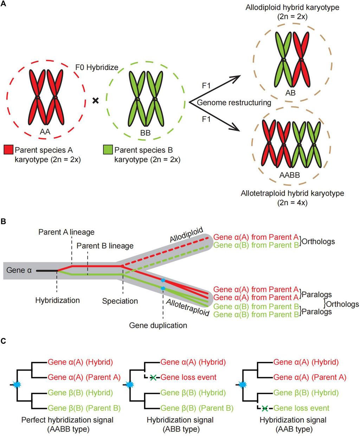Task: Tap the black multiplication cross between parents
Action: (x=95, y=101)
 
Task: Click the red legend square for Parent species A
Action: (x=8, y=150)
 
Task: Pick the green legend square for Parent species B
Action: (x=108, y=150)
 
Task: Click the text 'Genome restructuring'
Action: (x=234, y=103)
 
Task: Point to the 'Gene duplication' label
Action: (x=158, y=325)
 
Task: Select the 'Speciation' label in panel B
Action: (x=120, y=301)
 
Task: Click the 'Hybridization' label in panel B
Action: (x=57, y=301)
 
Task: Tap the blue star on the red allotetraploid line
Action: (x=163, y=280)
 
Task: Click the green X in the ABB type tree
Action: (x=153, y=378)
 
